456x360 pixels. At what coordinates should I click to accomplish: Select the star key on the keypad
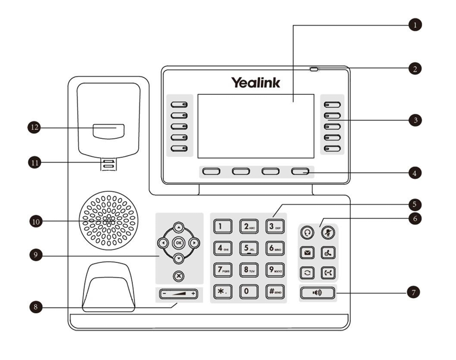coord(222,291)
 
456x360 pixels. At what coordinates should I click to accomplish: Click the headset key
coord(307,232)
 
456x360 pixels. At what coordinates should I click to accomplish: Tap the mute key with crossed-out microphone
coord(328,232)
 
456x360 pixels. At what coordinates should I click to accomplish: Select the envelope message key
coord(307,253)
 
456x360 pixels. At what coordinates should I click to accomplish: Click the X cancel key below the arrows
coord(178,276)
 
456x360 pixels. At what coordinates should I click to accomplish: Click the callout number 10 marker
coord(35,221)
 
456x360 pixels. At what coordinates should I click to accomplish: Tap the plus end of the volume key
coord(192,294)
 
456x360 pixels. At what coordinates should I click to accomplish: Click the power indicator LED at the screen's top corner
coord(314,69)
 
